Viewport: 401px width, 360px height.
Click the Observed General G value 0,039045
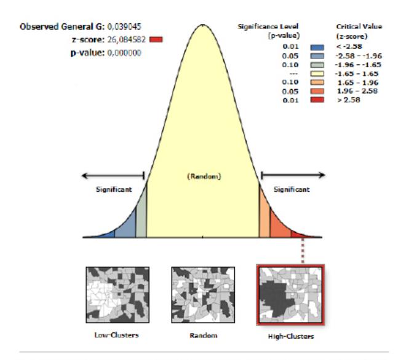pos(124,26)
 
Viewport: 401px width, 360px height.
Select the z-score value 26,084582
pos(126,39)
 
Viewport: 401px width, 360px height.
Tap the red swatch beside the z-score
pos(156,39)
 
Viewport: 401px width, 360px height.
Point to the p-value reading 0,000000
pos(124,53)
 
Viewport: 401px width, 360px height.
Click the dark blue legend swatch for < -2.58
pos(317,47)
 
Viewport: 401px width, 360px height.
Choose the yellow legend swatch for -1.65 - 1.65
pos(317,74)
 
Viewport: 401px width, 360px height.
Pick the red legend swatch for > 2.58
pos(317,100)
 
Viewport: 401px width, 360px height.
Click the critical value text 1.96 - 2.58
pos(357,91)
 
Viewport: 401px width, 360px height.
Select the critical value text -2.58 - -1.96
pos(359,56)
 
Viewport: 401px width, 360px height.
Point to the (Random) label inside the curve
pos(204,176)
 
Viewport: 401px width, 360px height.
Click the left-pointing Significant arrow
pos(113,176)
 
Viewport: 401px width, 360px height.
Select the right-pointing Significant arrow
pos(293,175)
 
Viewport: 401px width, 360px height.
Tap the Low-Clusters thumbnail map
pos(117,295)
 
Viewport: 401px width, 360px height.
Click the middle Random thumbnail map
pos(203,295)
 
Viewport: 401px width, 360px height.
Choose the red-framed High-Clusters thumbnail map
pos(290,295)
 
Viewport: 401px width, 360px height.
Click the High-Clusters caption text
pos(291,336)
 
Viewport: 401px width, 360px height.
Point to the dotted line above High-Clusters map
pos(303,251)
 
